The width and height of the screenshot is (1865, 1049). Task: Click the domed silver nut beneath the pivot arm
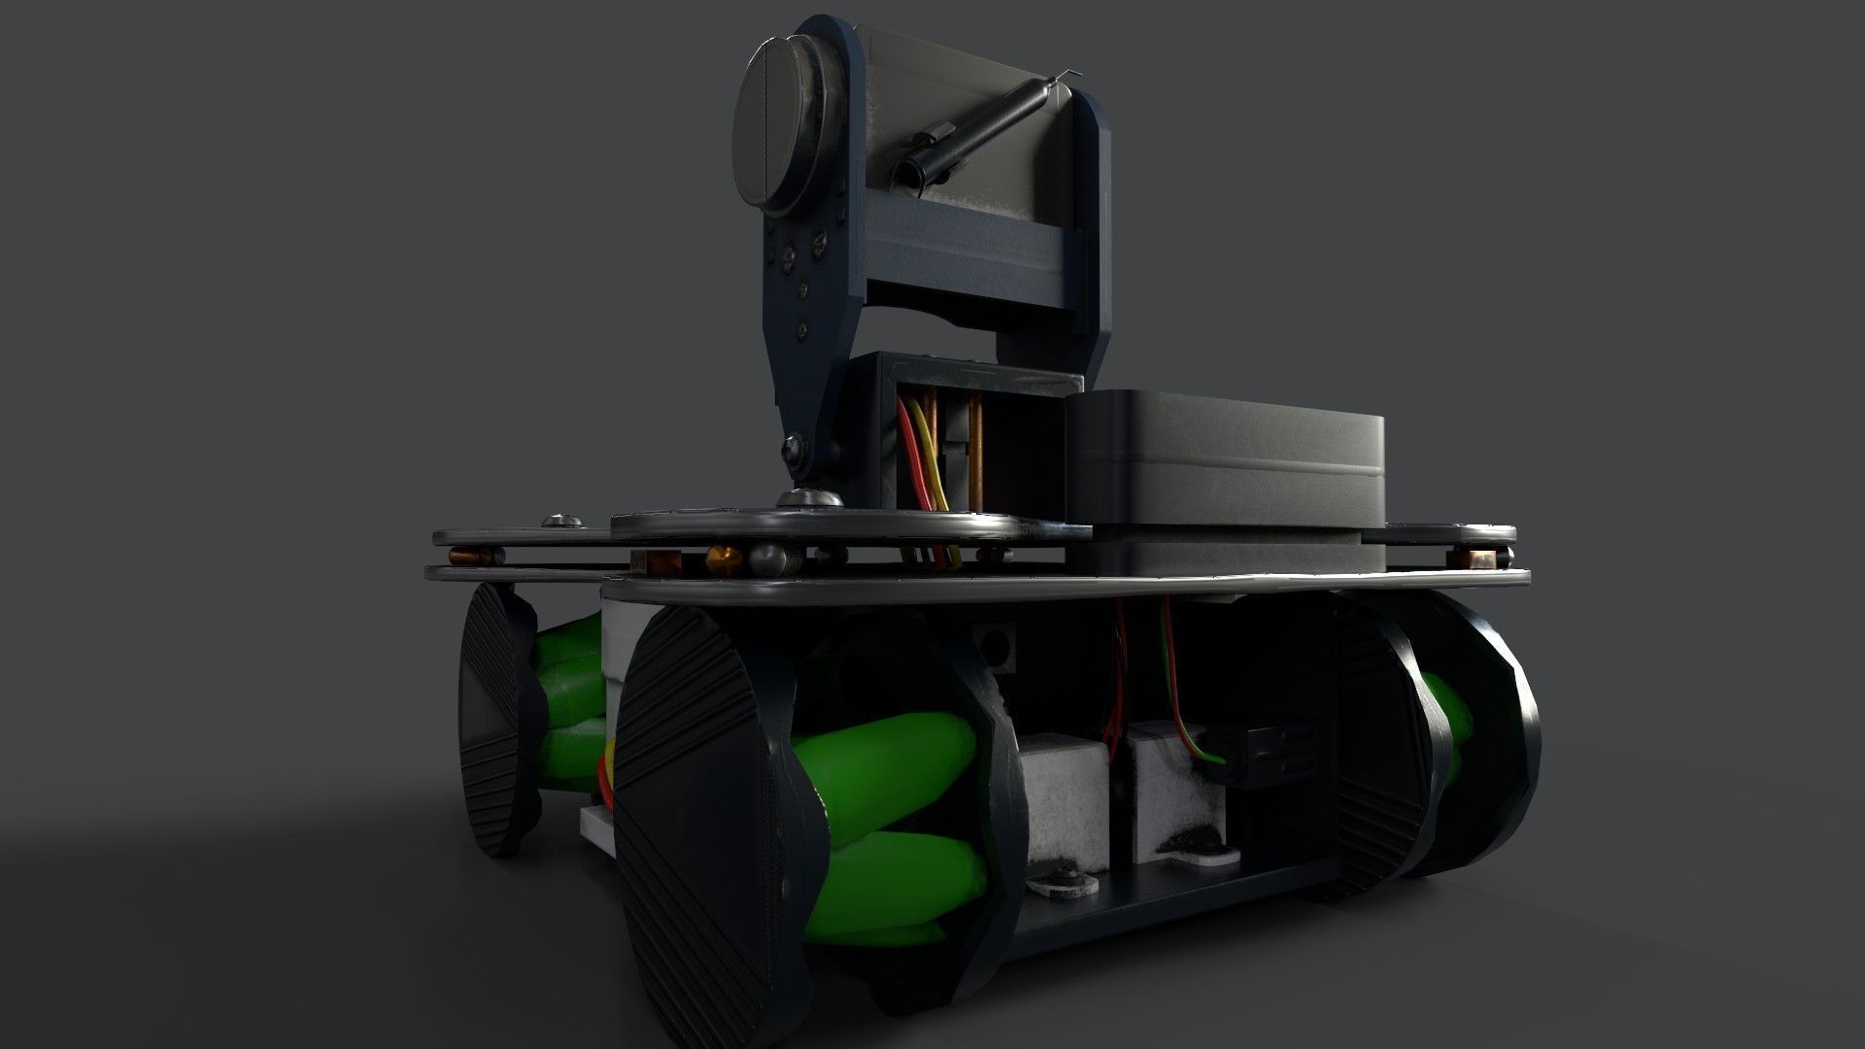pos(808,498)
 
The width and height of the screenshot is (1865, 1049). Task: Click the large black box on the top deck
pos(1224,457)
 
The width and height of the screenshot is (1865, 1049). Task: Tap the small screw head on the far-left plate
pos(561,522)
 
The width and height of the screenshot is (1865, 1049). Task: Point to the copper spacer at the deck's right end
pos(1481,558)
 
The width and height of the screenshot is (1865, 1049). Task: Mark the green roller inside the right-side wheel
pos(1447,719)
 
